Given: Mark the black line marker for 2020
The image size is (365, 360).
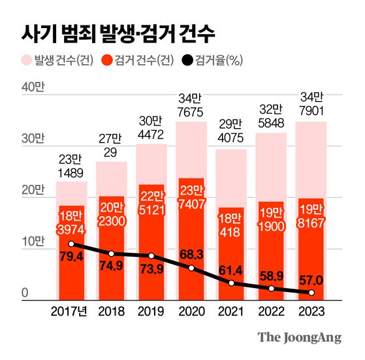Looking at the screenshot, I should tap(191, 269).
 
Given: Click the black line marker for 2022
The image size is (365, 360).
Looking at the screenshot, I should tap(271, 288).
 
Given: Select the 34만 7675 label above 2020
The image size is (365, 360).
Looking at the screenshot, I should tap(191, 105).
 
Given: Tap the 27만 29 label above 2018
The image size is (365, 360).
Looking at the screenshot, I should tap(110, 145).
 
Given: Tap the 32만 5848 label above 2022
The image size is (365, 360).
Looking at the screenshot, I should tap(272, 116).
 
